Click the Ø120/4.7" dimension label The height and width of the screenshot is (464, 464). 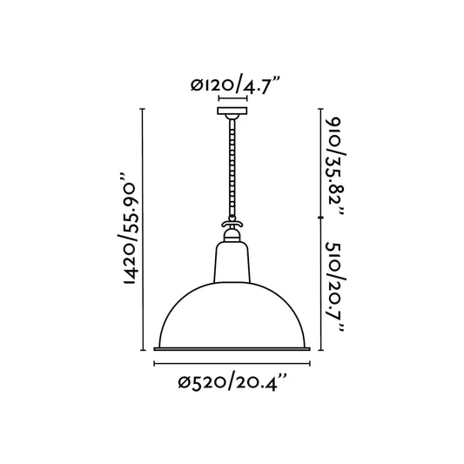pos(232,84)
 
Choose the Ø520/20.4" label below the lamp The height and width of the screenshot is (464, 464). pos(232,380)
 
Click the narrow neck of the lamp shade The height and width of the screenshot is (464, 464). pos(232,261)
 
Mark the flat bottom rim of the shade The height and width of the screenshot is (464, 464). pos(232,349)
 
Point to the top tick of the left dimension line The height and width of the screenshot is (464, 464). pos(142,111)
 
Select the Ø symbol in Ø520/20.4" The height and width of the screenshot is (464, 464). pos(185,381)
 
